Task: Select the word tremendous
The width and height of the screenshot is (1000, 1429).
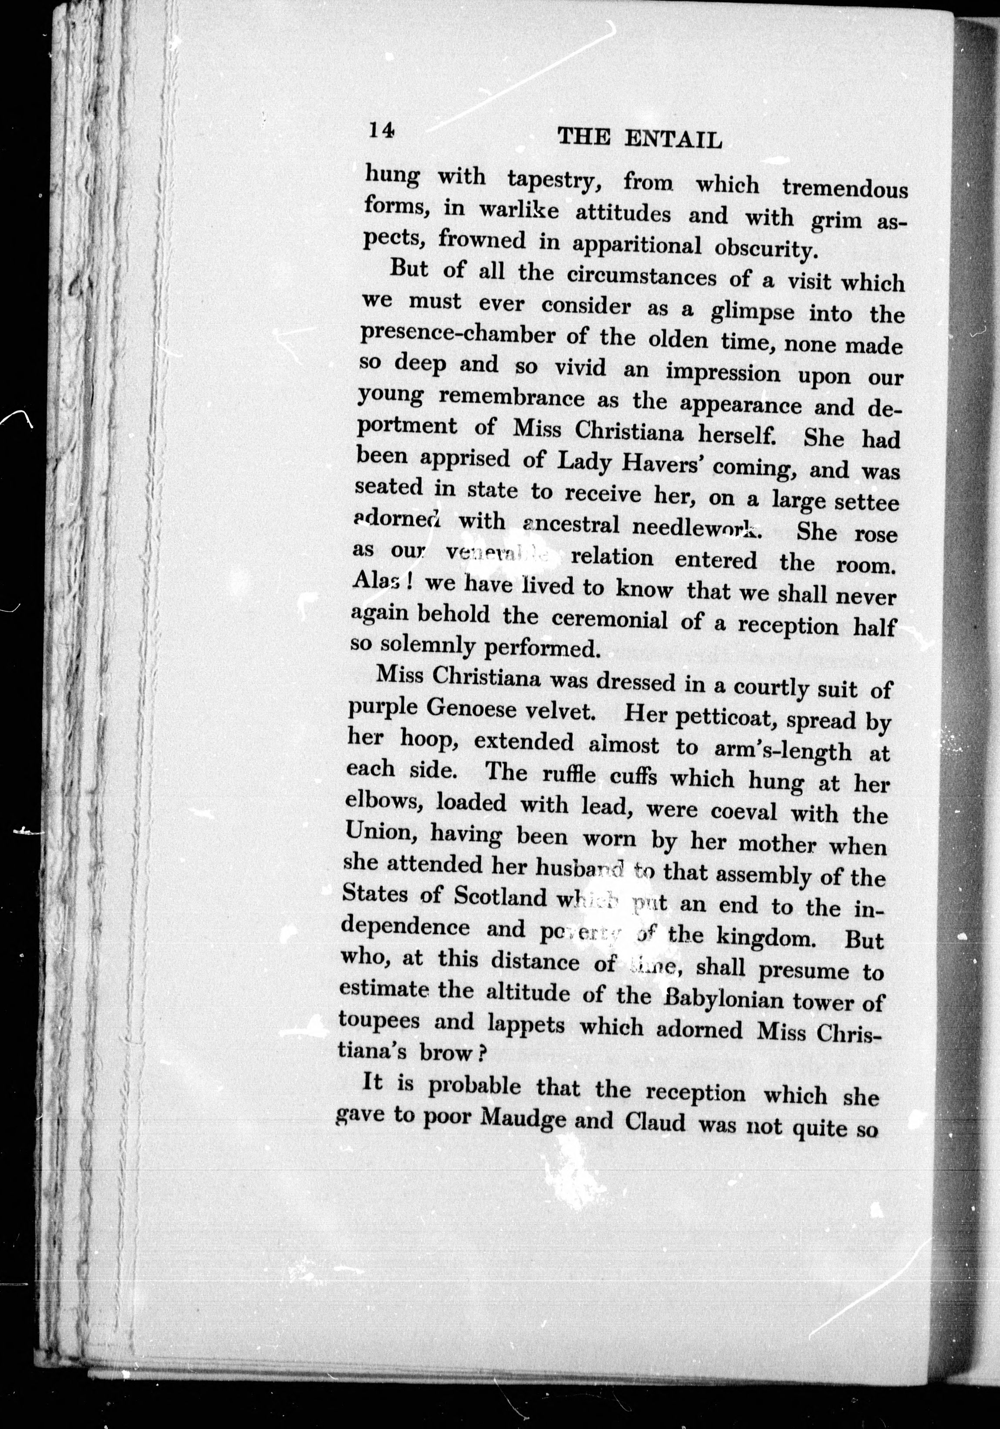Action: pos(845,187)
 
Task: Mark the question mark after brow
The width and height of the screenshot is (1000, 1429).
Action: pos(480,1054)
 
